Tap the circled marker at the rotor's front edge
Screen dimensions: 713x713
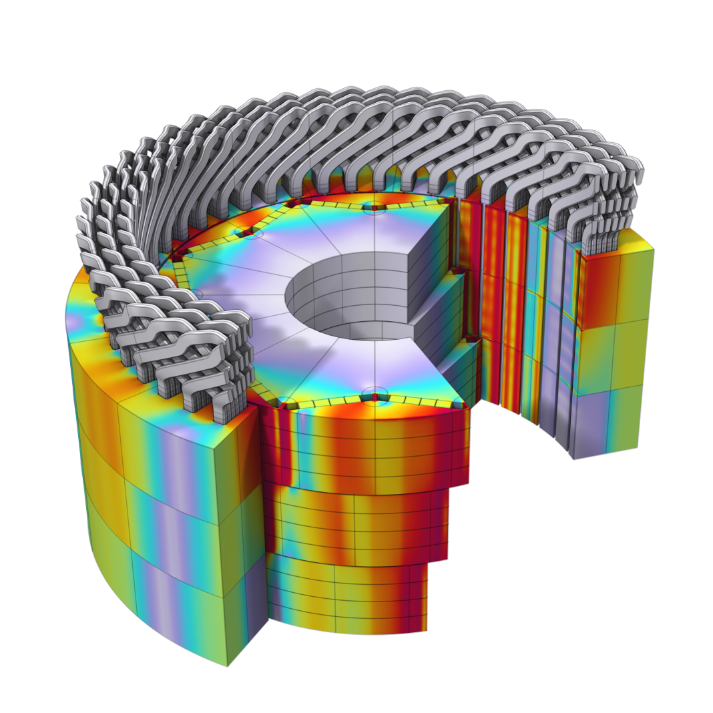(x=375, y=395)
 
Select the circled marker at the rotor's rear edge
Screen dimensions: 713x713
(x=375, y=206)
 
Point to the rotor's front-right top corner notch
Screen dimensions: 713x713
(x=459, y=405)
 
